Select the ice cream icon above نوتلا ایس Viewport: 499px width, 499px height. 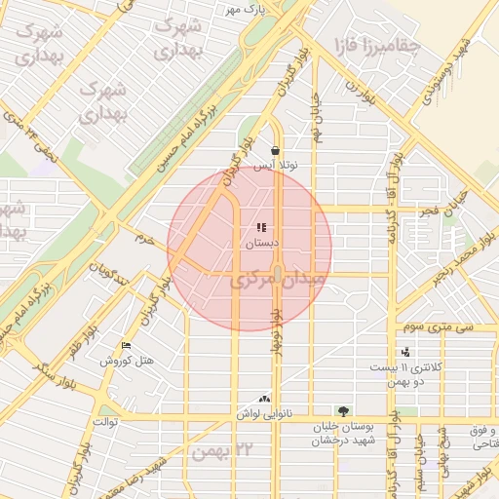278,151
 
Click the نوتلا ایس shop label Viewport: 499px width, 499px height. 277,166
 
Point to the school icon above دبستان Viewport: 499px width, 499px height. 261,228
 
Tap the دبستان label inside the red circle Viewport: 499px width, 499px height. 261,242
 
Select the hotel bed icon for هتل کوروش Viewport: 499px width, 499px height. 126,346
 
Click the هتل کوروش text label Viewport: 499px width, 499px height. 128,362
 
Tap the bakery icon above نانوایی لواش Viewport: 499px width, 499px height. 263,399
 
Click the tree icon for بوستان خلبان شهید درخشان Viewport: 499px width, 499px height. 342,411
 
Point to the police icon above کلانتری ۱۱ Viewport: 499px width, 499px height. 405,352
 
